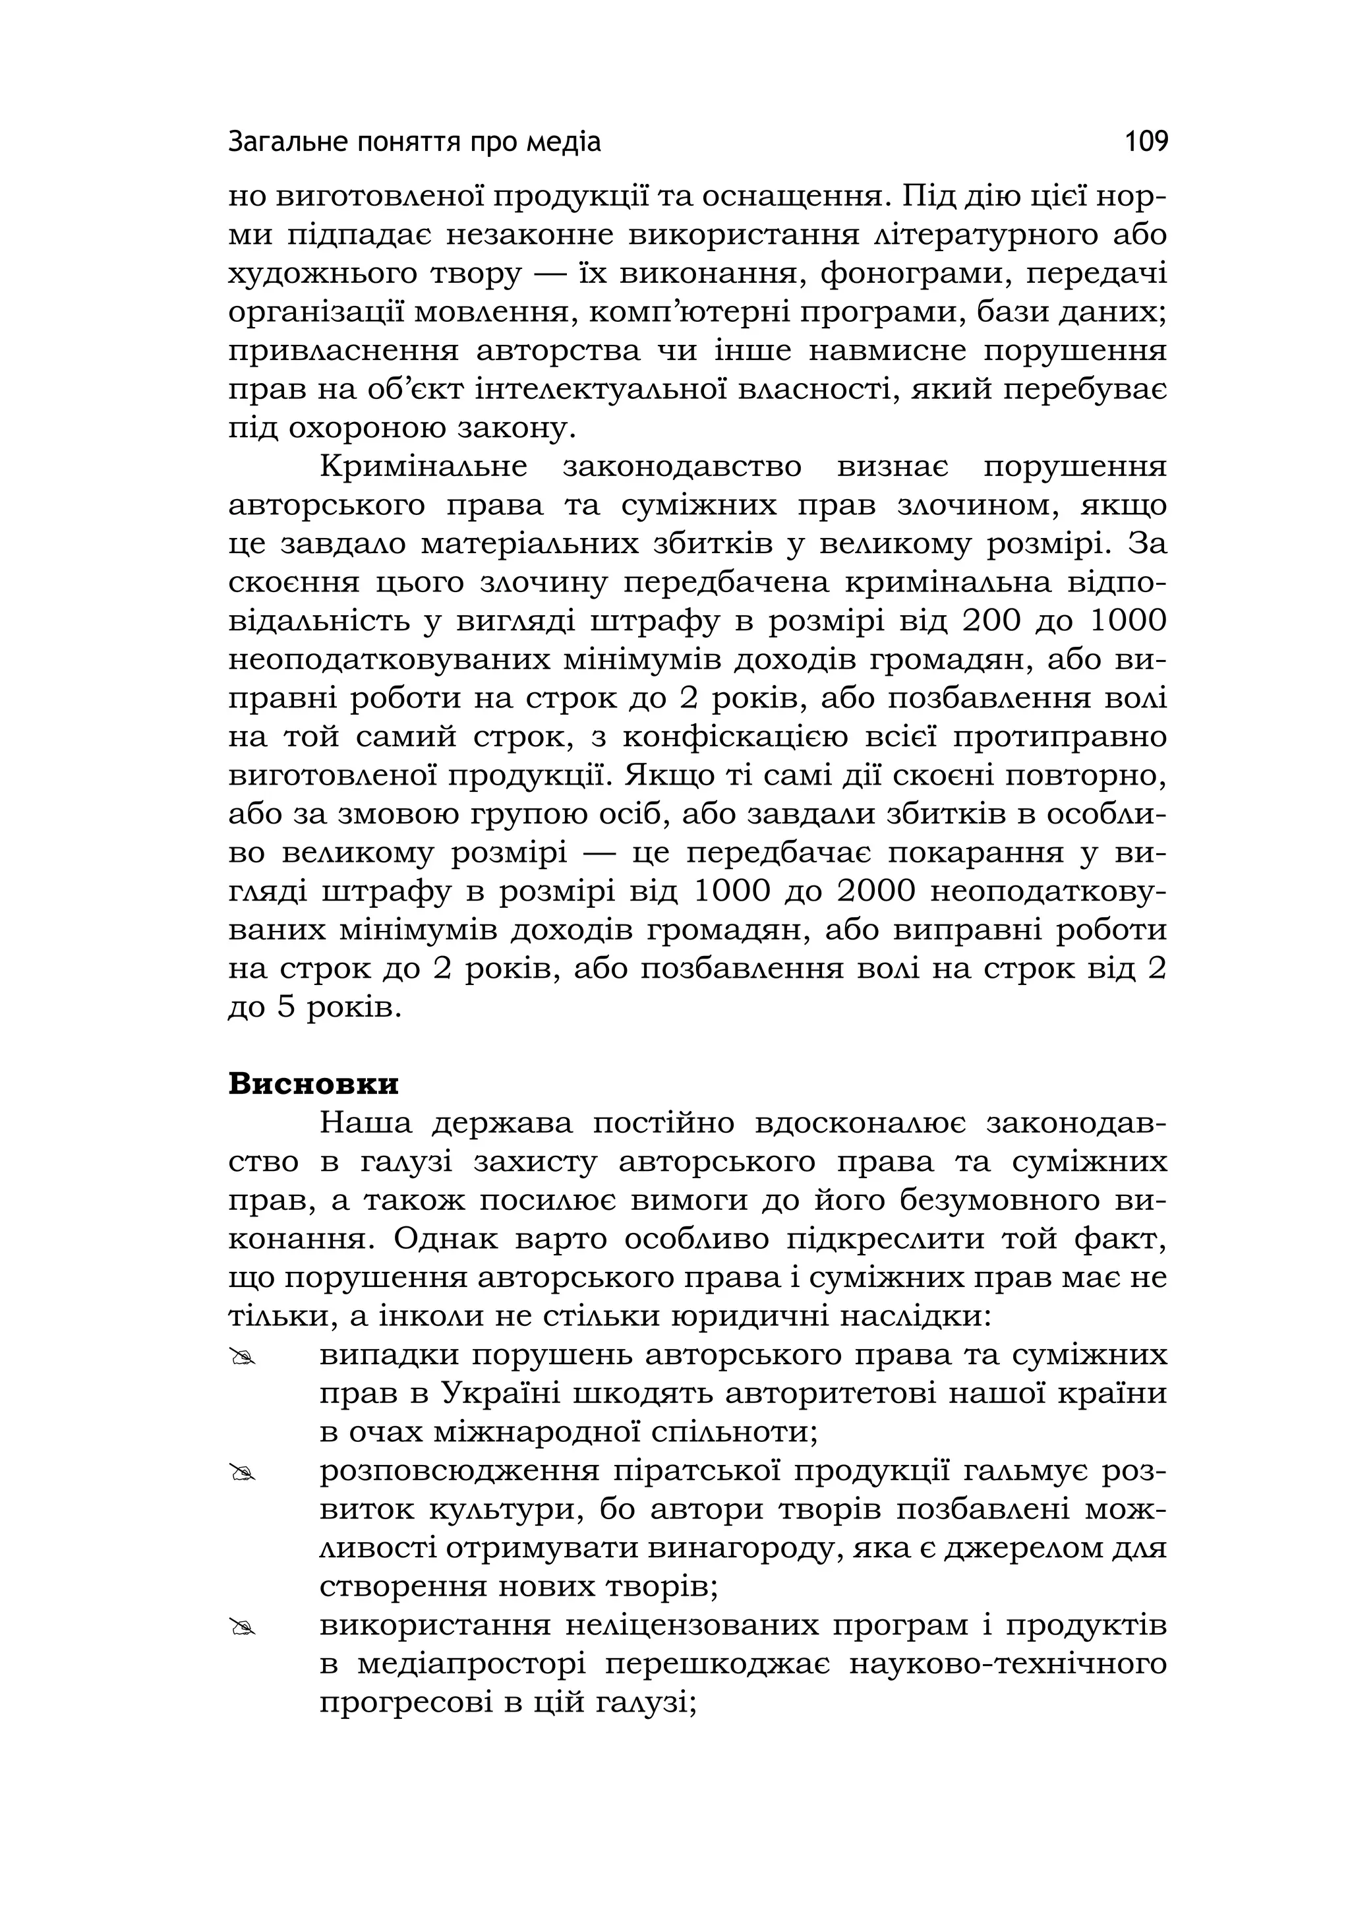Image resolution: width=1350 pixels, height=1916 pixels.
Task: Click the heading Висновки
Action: pyautogui.click(x=314, y=1084)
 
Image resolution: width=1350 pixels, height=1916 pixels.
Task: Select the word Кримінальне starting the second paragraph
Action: pyautogui.click(x=424, y=467)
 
